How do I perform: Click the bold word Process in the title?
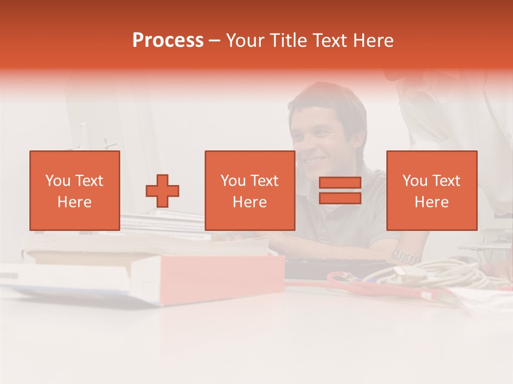coord(168,41)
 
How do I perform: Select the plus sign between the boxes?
coord(162,191)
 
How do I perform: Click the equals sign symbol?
coord(340,190)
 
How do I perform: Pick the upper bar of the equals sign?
coord(340,183)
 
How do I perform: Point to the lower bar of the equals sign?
coord(340,198)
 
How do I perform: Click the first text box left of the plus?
coord(74,190)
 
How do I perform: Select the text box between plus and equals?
coord(250,190)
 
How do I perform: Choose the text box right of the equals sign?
coord(431,190)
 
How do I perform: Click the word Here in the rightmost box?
coord(431,202)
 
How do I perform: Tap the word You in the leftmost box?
coord(58,181)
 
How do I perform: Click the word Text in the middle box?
coord(265,181)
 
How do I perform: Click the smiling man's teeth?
coord(314,159)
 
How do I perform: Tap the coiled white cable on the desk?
coord(428,275)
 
